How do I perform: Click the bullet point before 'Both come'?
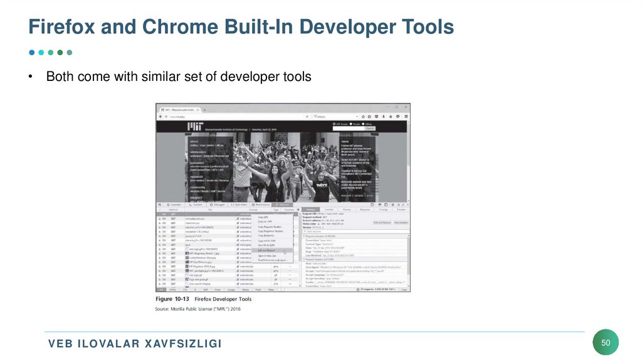click(x=29, y=77)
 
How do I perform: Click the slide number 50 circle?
click(x=606, y=342)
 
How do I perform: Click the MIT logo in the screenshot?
click(x=194, y=127)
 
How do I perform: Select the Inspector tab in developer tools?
click(x=173, y=204)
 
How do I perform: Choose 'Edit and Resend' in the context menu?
click(x=266, y=250)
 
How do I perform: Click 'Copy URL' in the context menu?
click(x=263, y=217)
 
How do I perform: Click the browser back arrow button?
click(x=160, y=117)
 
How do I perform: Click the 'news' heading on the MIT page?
click(x=345, y=142)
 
